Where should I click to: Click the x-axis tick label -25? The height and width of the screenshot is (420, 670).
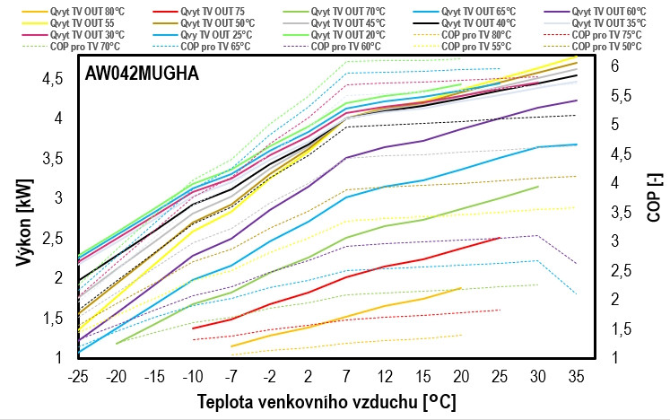click(x=79, y=372)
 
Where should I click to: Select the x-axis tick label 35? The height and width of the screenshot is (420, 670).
click(x=575, y=372)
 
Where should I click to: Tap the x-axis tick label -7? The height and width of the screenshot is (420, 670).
click(x=231, y=372)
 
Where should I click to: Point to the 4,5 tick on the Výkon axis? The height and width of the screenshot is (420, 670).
click(x=51, y=79)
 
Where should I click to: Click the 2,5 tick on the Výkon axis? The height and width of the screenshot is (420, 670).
click(x=51, y=238)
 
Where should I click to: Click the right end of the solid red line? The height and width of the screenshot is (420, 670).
click(x=500, y=238)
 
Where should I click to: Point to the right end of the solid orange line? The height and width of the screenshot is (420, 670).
click(x=461, y=288)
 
